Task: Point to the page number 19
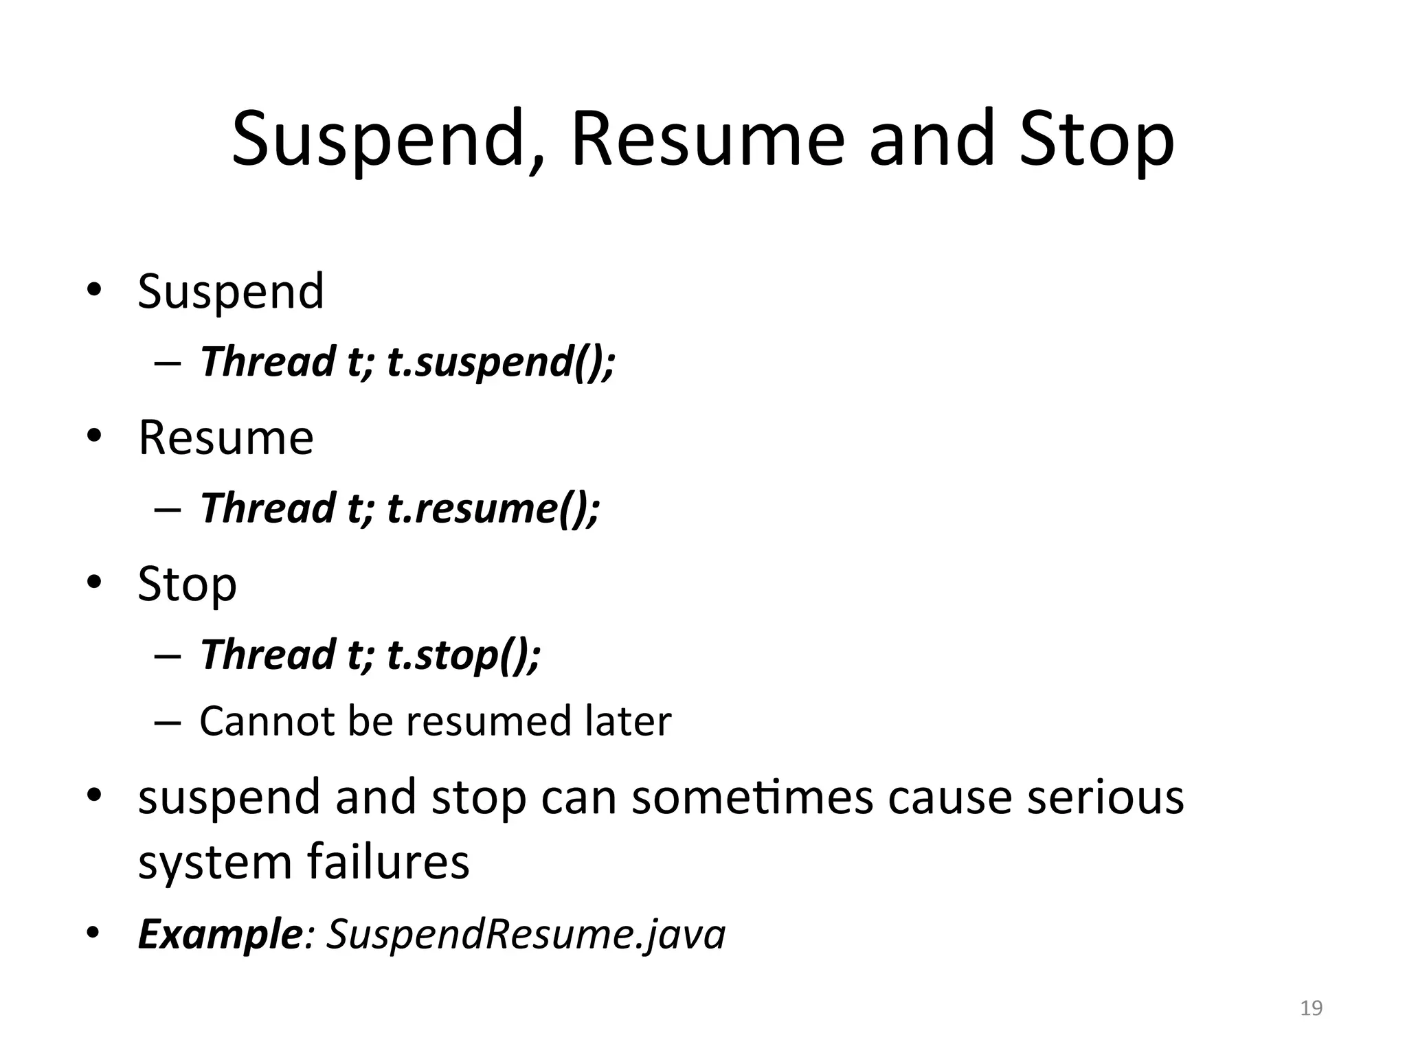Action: pos(1312,1008)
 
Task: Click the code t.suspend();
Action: pos(501,362)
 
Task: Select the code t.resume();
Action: pos(493,508)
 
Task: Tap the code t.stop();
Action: pos(464,655)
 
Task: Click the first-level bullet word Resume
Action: pos(226,438)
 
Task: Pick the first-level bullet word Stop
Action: pos(187,585)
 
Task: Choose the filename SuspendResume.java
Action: pos(526,935)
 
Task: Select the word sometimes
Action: pos(752,798)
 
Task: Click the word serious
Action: pos(1105,798)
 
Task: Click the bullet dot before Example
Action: pos(94,934)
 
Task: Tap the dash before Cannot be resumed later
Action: pos(168,723)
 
